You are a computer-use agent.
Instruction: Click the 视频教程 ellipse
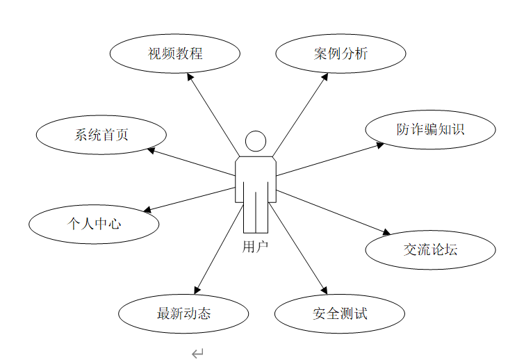click(x=175, y=54)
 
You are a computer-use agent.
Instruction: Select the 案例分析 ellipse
click(x=340, y=54)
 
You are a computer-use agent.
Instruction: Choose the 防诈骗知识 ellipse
click(x=431, y=129)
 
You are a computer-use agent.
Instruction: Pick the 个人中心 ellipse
click(x=94, y=224)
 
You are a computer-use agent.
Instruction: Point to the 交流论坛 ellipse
click(x=431, y=249)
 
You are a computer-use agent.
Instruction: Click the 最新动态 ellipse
click(x=183, y=313)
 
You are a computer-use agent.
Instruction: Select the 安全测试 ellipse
click(x=340, y=313)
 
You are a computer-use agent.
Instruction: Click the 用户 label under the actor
click(x=256, y=246)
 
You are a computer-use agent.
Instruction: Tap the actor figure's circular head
click(x=256, y=141)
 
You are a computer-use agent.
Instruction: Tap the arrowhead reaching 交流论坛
click(x=387, y=233)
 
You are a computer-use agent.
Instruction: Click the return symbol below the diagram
click(x=197, y=354)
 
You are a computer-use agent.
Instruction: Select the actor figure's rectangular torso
click(x=256, y=179)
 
